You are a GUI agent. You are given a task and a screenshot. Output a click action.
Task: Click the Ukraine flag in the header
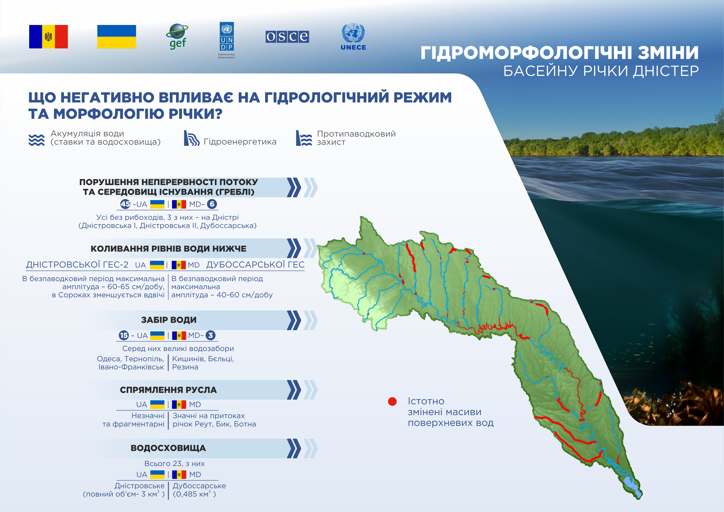[117, 37]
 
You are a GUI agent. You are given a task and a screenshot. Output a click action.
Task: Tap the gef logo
[177, 37]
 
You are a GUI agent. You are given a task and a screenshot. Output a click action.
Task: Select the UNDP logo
[227, 40]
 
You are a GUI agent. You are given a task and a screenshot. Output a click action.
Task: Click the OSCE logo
[287, 37]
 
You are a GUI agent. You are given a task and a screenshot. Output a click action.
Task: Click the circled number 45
[125, 204]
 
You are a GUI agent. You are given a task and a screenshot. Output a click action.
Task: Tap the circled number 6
[212, 204]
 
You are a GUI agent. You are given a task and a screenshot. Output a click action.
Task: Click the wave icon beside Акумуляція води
[37, 140]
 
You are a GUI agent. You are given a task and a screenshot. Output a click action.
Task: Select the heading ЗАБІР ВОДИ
[169, 320]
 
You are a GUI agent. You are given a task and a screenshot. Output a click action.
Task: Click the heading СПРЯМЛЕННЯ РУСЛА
[168, 390]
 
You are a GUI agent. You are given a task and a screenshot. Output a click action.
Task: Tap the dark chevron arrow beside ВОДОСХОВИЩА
[294, 448]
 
